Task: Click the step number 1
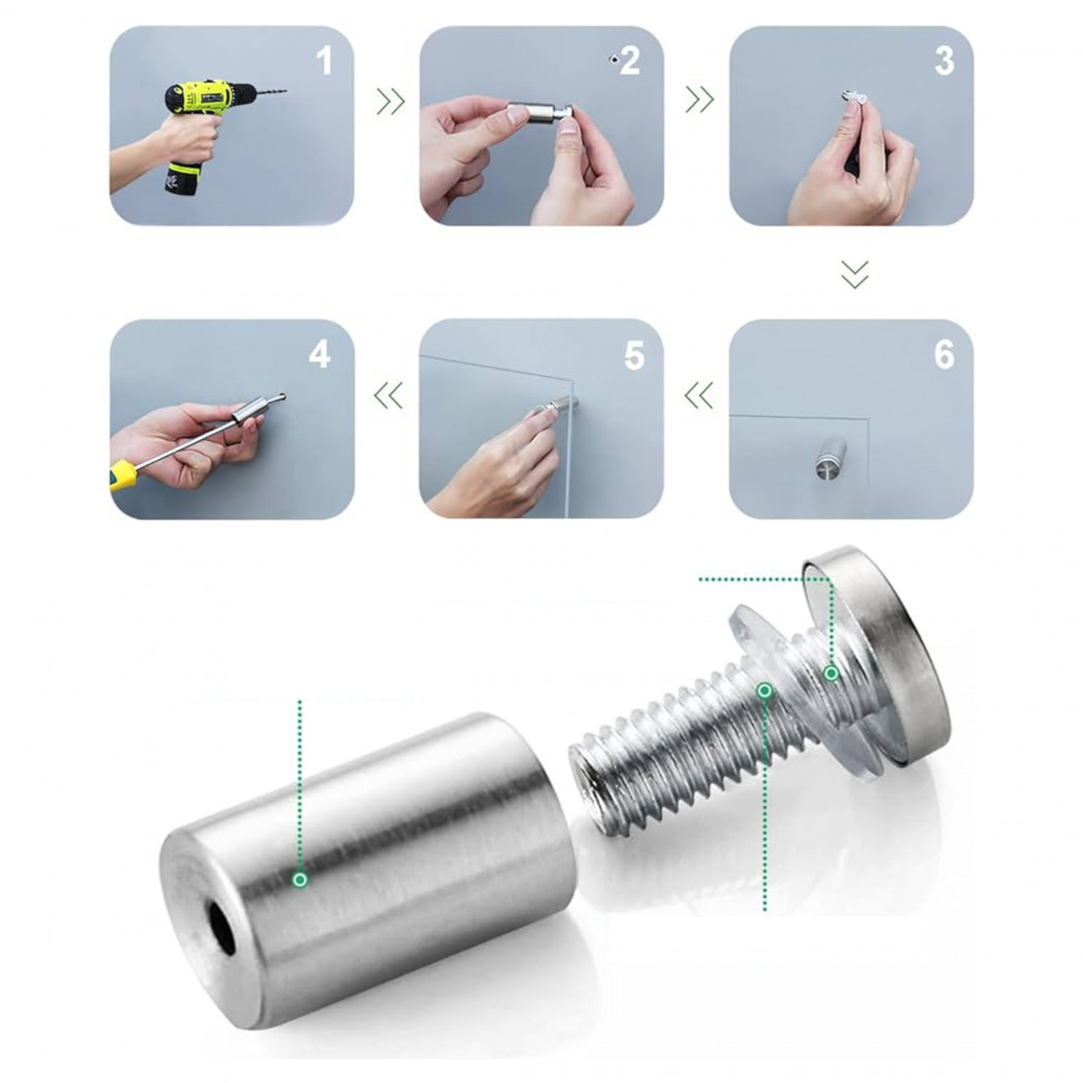click(x=324, y=61)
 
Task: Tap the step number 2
click(x=630, y=61)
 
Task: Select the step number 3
click(x=944, y=61)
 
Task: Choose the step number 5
click(x=634, y=355)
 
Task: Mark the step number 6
click(x=944, y=355)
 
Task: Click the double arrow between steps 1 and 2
click(x=390, y=102)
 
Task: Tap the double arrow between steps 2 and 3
click(x=699, y=100)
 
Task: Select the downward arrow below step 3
click(x=855, y=274)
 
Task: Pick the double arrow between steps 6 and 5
click(x=698, y=394)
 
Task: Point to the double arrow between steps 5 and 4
click(x=388, y=394)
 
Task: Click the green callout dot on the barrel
click(x=300, y=894)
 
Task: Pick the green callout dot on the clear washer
click(x=831, y=673)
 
